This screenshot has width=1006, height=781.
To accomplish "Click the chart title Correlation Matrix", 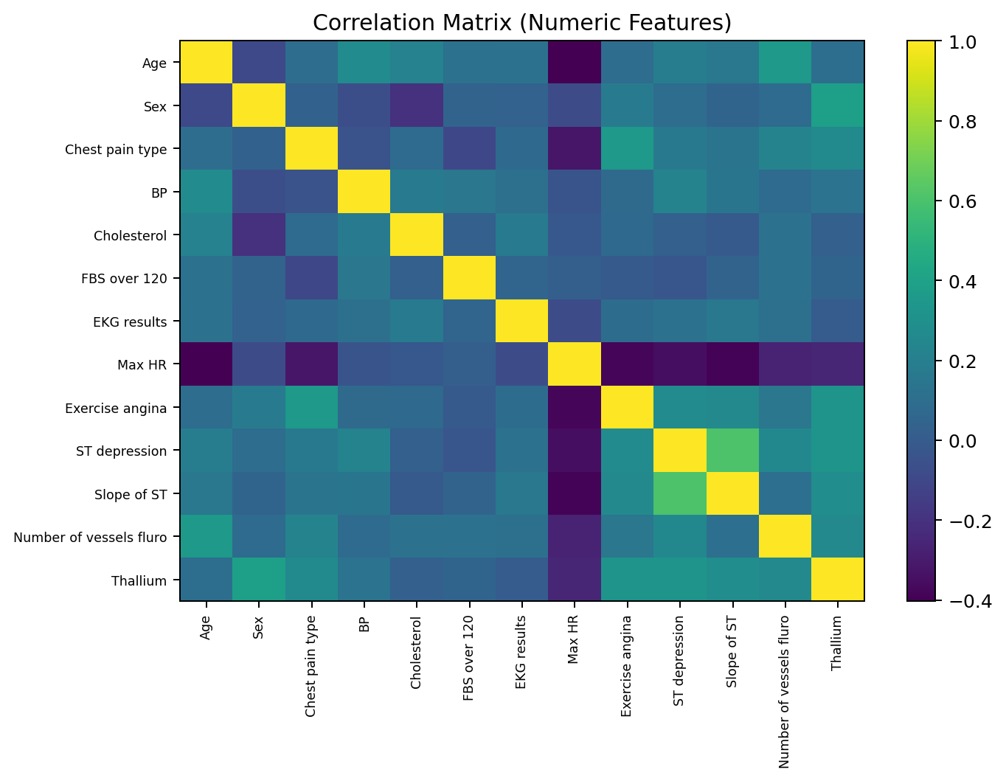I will tap(521, 23).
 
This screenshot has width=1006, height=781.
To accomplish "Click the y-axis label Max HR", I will tap(148, 365).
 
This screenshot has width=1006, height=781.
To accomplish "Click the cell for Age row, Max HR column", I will tap(574, 63).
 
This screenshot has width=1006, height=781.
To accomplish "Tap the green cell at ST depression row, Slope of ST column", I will tap(732, 451).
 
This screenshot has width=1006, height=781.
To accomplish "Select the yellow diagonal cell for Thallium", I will tap(837, 580).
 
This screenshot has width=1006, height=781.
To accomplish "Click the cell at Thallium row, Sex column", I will tap(259, 580).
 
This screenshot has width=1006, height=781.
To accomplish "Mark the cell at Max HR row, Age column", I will tap(207, 364).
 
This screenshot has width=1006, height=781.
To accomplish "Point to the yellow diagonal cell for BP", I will tap(364, 192).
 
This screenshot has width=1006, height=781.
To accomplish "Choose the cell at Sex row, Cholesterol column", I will tap(417, 106).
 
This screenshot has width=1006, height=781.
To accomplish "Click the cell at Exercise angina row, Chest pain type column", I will tap(311, 408).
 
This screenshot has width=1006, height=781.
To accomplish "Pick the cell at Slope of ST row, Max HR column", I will tap(574, 494).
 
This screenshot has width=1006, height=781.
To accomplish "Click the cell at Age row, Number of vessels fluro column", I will tap(785, 63).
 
